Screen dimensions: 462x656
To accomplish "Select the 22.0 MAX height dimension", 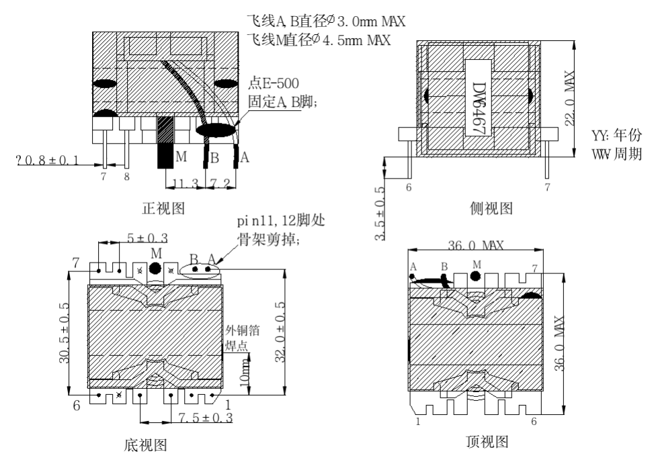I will [x=571, y=101].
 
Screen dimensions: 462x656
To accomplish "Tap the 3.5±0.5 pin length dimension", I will [x=380, y=214].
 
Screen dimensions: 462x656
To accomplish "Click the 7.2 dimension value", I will [x=220, y=184].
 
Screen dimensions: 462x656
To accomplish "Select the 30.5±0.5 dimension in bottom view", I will [x=65, y=332].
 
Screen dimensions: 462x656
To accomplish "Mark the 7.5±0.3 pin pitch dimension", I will [x=206, y=418].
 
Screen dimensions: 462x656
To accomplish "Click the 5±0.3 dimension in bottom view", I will [x=147, y=238].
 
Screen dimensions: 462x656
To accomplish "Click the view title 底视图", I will [x=145, y=445].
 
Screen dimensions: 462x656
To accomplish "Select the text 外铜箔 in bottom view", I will [x=243, y=330].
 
